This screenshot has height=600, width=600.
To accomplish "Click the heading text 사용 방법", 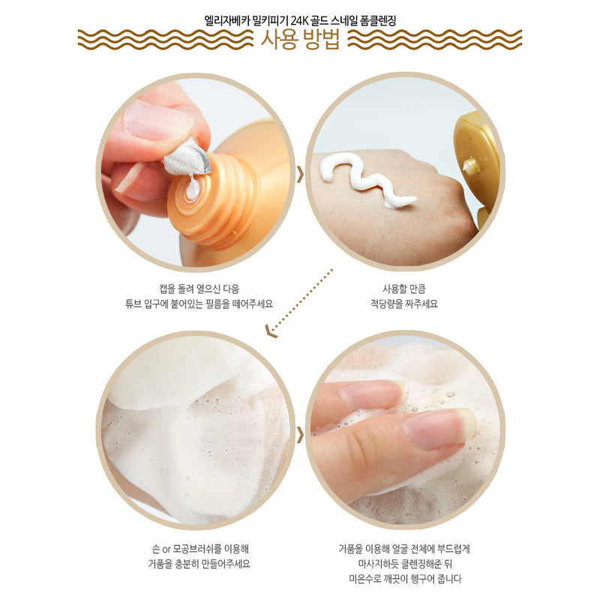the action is [301, 40].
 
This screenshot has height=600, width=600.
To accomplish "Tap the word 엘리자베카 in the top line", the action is [226, 20].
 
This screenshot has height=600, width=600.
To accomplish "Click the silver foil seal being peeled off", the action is [187, 157].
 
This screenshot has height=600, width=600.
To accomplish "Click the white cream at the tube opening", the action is [193, 188].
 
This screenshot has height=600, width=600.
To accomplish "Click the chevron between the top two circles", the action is [301, 175].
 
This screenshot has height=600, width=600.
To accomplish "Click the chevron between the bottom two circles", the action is [301, 436].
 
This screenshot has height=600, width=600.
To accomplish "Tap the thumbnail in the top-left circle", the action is [156, 119].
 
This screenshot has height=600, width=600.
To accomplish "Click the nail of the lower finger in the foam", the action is [440, 427].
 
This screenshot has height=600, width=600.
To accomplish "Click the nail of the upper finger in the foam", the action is [373, 394].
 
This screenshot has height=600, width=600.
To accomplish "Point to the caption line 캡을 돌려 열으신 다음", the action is [199, 288].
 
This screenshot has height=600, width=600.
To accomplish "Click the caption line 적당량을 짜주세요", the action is [404, 304].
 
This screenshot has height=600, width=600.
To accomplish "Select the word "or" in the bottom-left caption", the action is [166, 550].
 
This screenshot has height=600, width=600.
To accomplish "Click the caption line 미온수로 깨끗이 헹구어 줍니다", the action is [405, 579].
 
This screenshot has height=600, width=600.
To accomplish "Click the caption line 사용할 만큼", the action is [404, 289].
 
